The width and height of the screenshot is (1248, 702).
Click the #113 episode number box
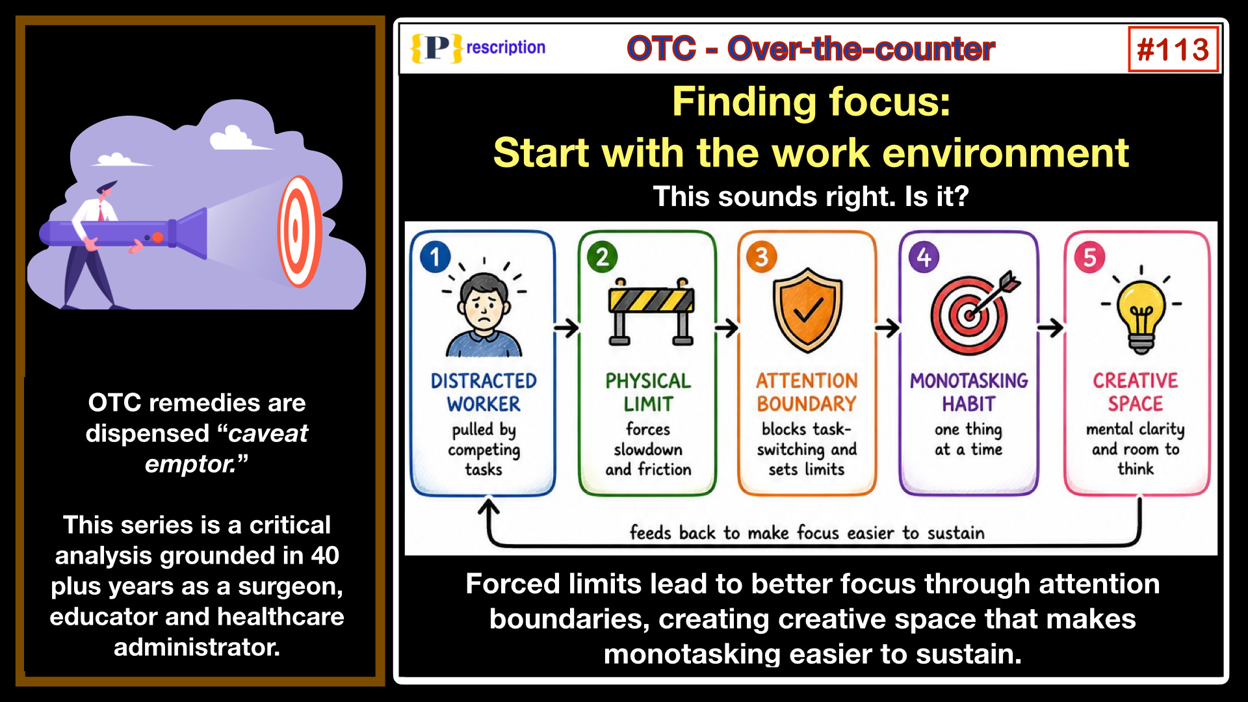click(1173, 49)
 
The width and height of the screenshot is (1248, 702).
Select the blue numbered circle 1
click(435, 257)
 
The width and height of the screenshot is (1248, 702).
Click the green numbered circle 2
click(603, 257)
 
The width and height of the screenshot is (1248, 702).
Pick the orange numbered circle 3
click(762, 257)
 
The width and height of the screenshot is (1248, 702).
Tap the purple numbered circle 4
click(924, 257)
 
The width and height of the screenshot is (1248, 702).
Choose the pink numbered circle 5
click(1090, 257)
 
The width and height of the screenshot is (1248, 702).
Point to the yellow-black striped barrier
click(651, 300)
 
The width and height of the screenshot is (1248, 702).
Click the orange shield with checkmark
click(807, 310)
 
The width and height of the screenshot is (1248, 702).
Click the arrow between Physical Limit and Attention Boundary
click(727, 328)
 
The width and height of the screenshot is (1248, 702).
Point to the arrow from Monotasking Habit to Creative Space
click(1050, 328)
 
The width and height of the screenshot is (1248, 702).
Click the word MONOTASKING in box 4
click(968, 380)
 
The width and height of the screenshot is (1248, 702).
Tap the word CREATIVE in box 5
click(1136, 380)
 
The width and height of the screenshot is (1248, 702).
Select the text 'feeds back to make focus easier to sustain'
click(807, 533)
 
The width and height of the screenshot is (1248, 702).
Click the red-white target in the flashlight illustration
click(300, 231)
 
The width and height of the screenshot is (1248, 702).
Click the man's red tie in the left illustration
click(101, 211)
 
